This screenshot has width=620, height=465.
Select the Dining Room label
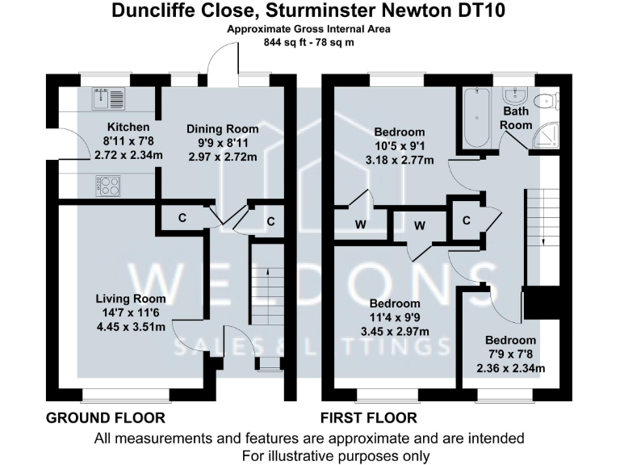click(x=223, y=129)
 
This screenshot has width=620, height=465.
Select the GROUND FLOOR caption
click(x=106, y=418)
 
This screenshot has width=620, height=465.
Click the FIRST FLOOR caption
click(x=369, y=418)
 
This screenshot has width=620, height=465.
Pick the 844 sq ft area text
click(x=309, y=42)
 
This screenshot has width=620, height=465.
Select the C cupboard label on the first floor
click(x=467, y=220)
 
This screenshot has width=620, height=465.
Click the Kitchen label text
click(x=129, y=128)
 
